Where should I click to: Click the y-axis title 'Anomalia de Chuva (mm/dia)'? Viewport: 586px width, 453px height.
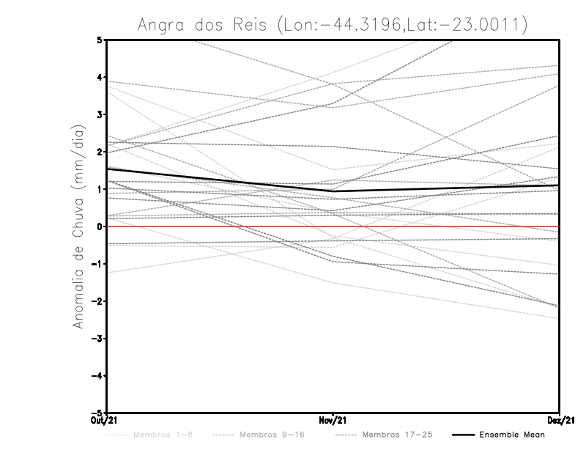78,226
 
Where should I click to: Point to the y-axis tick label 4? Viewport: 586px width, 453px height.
100,77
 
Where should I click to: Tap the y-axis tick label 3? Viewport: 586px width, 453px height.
100,114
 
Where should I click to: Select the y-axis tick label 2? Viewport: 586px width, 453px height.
100,152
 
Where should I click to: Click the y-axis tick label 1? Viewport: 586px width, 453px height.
100,189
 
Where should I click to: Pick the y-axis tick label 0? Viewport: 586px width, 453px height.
100,226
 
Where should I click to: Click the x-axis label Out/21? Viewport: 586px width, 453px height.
107,420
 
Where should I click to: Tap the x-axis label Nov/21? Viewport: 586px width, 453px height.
333,420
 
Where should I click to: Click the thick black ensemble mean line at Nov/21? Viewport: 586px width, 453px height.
333,191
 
